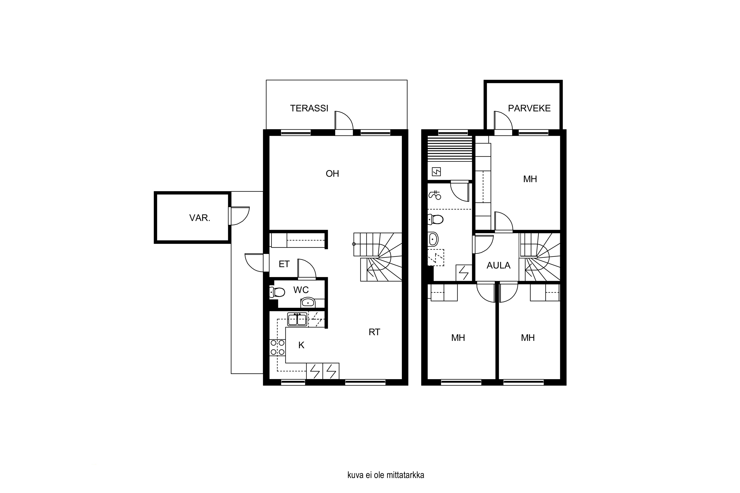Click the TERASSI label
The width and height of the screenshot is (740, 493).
coord(309,108)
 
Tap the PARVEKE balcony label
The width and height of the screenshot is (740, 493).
coord(529,108)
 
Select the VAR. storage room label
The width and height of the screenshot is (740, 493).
coord(200,218)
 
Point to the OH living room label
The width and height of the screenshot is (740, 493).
coord(332,174)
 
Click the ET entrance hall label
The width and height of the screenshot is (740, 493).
coord(284,264)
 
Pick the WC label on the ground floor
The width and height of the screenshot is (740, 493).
coord(301,290)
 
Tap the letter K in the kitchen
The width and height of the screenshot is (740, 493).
coord(301,345)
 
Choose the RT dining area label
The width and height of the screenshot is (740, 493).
coord(374,332)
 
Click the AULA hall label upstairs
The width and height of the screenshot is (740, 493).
coord(498,266)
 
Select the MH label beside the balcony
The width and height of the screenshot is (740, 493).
coord(530,179)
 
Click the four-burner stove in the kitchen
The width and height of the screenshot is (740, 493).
coord(277,348)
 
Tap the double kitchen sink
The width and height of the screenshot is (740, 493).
coord(297,319)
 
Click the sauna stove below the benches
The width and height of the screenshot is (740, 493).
coord(436,172)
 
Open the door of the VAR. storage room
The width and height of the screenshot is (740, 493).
coord(239,216)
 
